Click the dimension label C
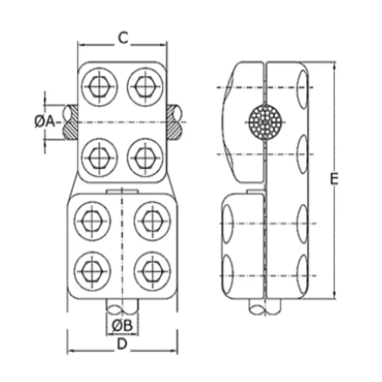tap(122, 38)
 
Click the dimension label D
tap(122, 344)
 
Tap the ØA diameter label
tap(45, 122)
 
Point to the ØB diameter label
tap(122, 326)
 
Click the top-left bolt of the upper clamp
tap(99, 86)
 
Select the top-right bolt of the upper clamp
tap(145, 86)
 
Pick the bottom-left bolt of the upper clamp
tap(99, 157)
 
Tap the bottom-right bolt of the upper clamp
tap(145, 157)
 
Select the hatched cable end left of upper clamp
tap(70, 122)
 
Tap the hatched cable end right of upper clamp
tap(175, 122)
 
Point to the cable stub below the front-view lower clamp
tap(122, 307)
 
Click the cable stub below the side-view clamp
tap(265, 307)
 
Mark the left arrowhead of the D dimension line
tap(70, 351)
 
